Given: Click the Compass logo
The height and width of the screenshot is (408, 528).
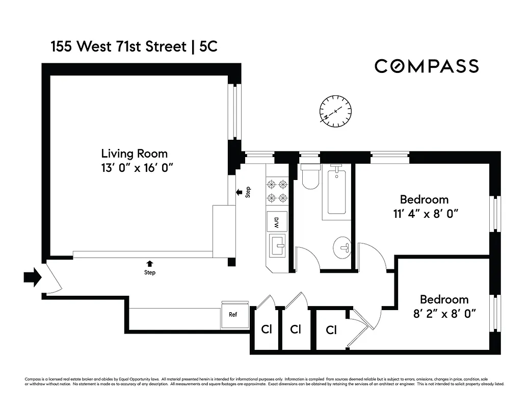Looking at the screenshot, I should click(x=427, y=66).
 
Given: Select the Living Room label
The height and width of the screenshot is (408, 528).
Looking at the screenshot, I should click(x=134, y=153).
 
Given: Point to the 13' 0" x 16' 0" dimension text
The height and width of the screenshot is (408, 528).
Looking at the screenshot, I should click(x=134, y=167).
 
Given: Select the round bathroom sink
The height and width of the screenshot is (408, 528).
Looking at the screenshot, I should click(x=343, y=248).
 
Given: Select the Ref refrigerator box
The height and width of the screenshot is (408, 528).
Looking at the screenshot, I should click(x=233, y=315).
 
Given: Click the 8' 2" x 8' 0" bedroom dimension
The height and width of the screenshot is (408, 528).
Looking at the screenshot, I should click(x=444, y=314).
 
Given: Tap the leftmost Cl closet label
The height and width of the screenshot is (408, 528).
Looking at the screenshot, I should click(x=266, y=329).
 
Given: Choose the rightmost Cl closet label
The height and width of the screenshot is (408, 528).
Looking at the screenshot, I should click(x=331, y=330).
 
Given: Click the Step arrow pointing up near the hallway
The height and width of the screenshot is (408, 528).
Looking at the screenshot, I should click(x=149, y=264).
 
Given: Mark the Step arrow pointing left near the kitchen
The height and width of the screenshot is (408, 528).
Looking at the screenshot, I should click(x=239, y=192).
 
